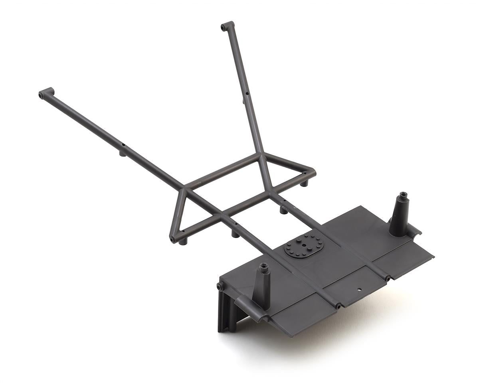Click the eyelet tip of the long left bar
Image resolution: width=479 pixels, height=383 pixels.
tap(41, 95)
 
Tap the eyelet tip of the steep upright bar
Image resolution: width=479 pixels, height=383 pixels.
tap(223, 28)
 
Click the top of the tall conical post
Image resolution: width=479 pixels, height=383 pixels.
tap(402, 195)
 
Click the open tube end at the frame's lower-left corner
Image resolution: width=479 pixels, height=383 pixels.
tap(172, 239)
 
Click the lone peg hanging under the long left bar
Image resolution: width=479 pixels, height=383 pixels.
tap(123, 153)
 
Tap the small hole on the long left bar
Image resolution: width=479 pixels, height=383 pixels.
tap(124, 144)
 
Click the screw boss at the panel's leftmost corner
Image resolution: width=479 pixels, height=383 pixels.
tap(220, 286)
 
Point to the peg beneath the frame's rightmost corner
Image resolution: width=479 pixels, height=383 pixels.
tap(304, 184)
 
